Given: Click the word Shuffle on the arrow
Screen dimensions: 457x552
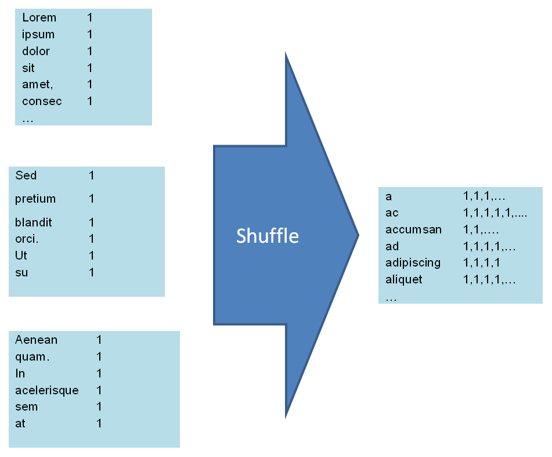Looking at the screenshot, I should click(267, 236).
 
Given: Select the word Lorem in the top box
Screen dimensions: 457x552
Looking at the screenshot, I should click(39, 18).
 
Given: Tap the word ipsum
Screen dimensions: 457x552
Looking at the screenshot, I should click(38, 35).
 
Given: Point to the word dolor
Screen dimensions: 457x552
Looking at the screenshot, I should click(36, 51).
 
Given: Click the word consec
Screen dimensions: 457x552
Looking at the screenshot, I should click(42, 102).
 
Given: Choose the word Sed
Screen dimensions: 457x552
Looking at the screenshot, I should click(26, 175).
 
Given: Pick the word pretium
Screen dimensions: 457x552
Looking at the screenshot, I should click(35, 199).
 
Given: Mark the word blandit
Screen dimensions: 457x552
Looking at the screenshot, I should click(34, 222).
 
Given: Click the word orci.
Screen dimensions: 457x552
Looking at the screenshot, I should click(27, 239).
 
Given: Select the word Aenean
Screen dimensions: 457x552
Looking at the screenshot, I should click(37, 340).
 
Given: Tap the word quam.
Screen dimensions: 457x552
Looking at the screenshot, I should click(33, 357).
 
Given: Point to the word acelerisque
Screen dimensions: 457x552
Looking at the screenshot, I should click(47, 390).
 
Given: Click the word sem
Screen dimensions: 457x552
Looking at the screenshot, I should click(27, 407).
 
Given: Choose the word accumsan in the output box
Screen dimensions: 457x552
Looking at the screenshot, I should click(413, 229).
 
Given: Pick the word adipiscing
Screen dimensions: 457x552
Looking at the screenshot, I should click(413, 262).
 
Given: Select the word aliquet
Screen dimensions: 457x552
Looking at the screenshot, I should click(404, 279).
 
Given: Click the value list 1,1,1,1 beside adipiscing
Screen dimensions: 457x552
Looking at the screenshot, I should click(482, 262).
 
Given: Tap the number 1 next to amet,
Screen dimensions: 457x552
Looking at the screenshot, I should click(90, 85).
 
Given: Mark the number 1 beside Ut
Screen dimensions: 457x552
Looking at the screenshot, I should click(92, 256).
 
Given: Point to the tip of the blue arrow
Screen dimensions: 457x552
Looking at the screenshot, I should click(358, 235).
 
